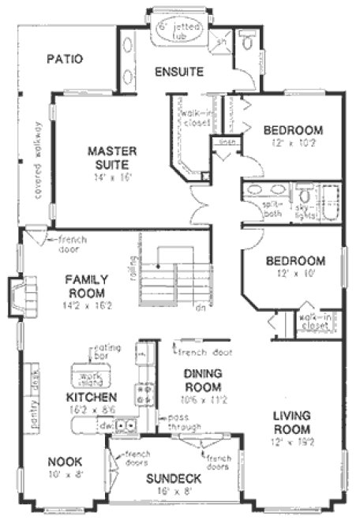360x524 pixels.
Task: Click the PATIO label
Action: [x=66, y=58]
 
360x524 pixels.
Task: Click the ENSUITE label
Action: [x=178, y=72]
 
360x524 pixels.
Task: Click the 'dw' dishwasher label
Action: [x=108, y=425]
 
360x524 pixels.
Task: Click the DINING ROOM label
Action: [x=201, y=380]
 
